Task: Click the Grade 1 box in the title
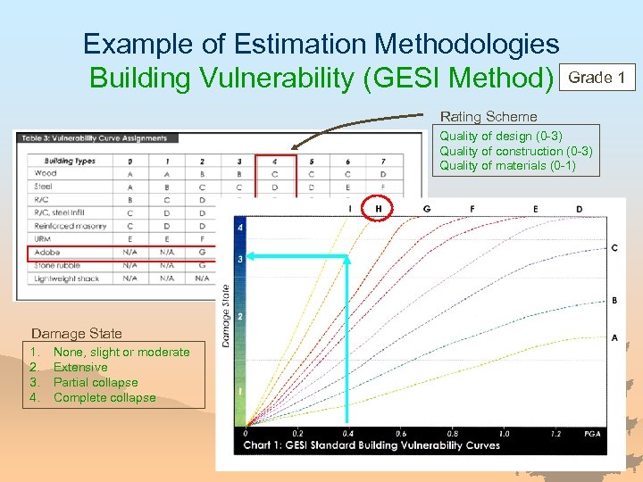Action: [597, 78]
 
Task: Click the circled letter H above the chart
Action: [378, 209]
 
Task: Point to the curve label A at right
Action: [614, 337]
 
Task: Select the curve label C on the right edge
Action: [614, 247]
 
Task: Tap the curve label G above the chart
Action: [427, 209]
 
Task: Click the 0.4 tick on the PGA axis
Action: [348, 434]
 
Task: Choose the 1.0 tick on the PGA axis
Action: [505, 434]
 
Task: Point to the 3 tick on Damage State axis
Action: [239, 259]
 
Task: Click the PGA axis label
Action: [592, 434]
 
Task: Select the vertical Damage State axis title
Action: [225, 315]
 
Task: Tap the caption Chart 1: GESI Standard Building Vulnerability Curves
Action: [372, 445]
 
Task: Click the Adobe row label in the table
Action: [48, 253]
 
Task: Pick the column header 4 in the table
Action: [274, 162]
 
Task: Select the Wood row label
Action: [46, 174]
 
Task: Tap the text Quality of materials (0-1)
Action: [507, 165]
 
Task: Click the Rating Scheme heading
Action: [489, 117]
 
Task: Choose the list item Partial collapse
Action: [96, 382]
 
